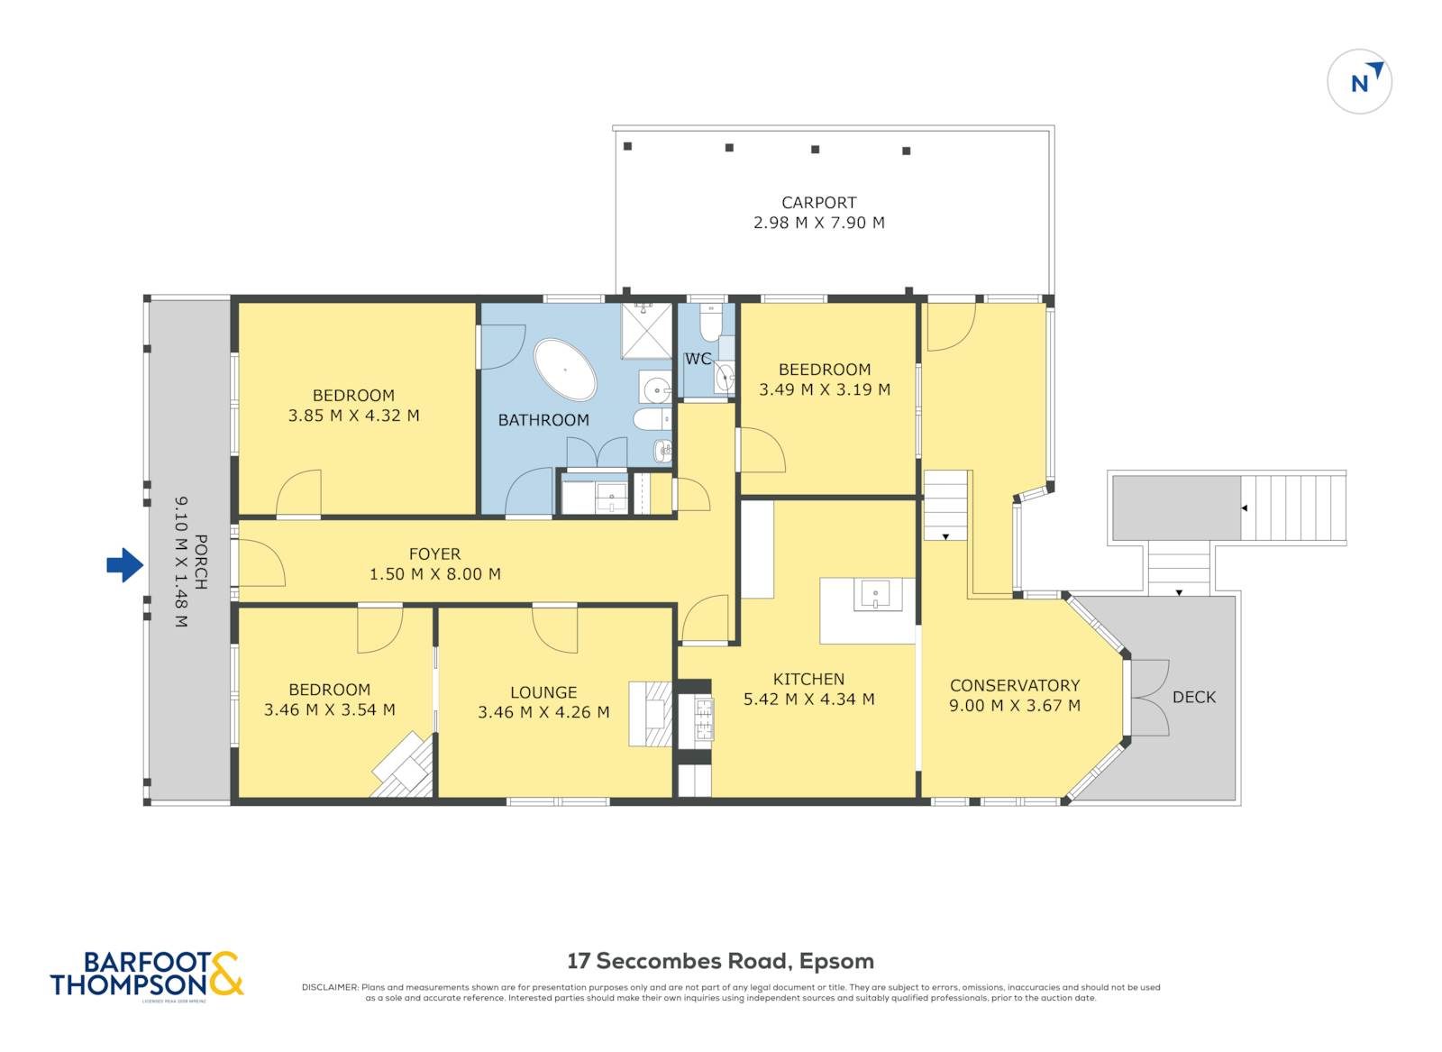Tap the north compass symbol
pos(1359,82)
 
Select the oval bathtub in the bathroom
pos(565,370)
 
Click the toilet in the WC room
pos(710,321)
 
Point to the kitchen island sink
pos(875,596)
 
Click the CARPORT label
pos(818,203)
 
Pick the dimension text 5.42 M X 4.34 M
pos(808,700)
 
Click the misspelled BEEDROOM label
pos(824,370)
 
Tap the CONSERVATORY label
pos(1014,686)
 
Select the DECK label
pos(1193,697)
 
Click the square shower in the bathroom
pos(646,331)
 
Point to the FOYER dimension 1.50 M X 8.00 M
pos(434,574)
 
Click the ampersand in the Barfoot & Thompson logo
pos(225,974)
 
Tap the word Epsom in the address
pos(836,961)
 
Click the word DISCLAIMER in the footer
pos(330,988)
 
